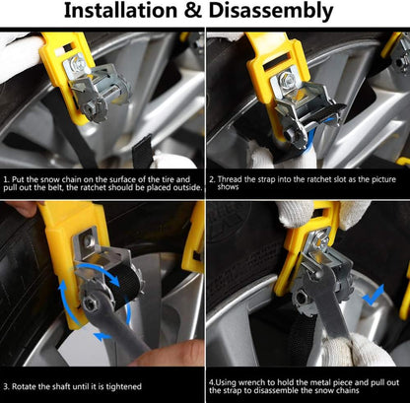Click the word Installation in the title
(x=120, y=11)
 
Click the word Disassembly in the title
(x=271, y=12)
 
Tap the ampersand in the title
(x=193, y=11)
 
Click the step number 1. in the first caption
(x=7, y=179)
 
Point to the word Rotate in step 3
(x=24, y=386)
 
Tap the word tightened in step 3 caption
(x=124, y=386)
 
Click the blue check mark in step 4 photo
(x=373, y=295)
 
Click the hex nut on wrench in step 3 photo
(x=89, y=302)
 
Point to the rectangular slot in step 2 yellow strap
(x=276, y=65)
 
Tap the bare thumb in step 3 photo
(x=174, y=354)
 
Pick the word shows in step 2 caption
(x=228, y=187)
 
